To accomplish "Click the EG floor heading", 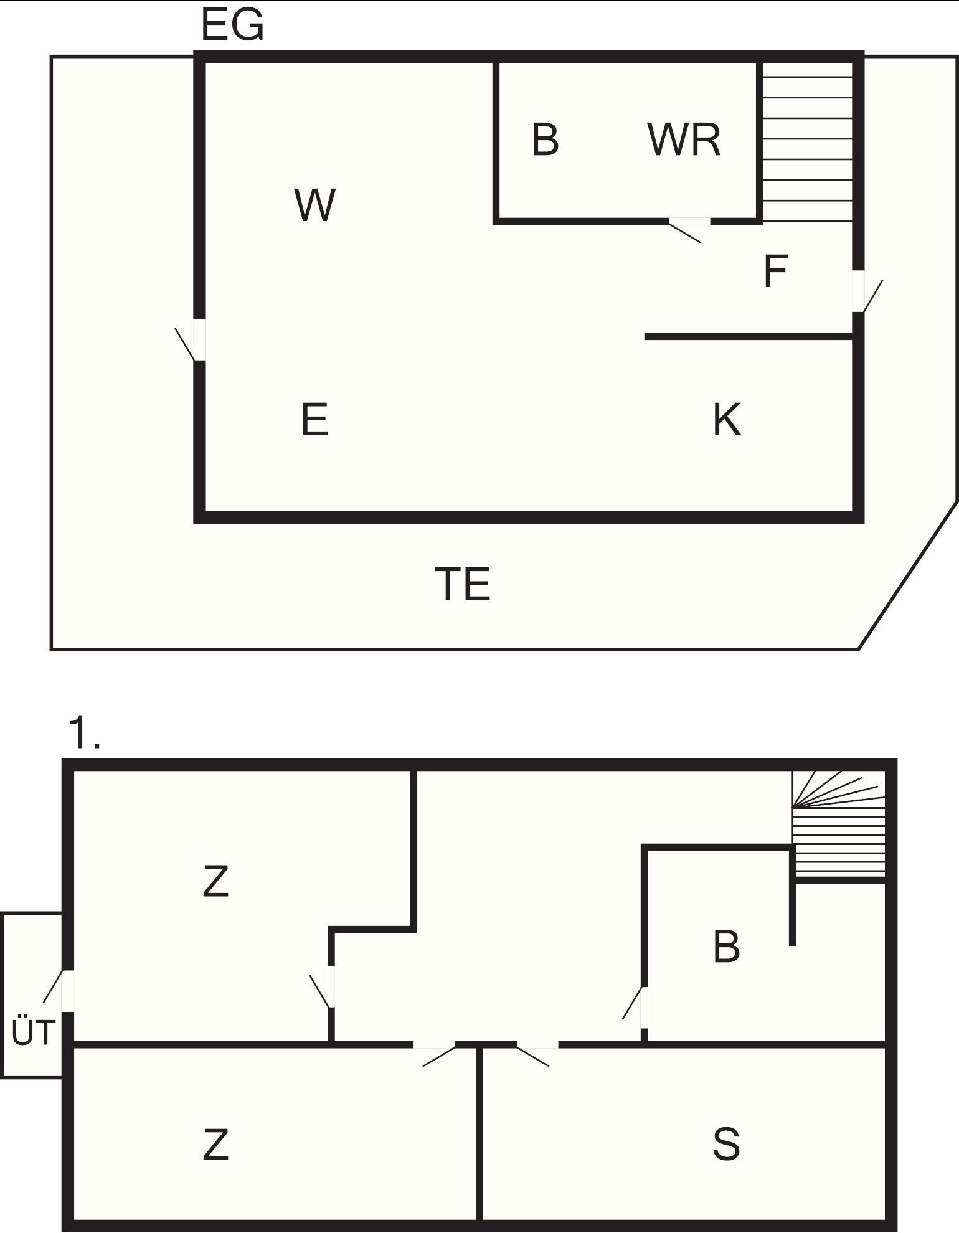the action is (233, 26).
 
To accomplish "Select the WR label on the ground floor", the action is (684, 139).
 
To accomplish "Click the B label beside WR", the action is (546, 139).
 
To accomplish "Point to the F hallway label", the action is (775, 272).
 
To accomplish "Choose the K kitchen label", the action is (727, 420).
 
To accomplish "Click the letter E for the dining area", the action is (314, 420).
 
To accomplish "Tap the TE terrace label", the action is (462, 584).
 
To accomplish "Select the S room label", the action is (726, 1144).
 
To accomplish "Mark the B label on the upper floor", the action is (726, 947).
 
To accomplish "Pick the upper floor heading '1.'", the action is (85, 732).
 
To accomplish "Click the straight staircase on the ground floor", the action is (808, 142).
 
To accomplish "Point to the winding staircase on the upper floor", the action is (839, 824).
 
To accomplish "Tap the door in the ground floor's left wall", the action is (190, 340).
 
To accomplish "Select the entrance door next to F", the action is (867, 291).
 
